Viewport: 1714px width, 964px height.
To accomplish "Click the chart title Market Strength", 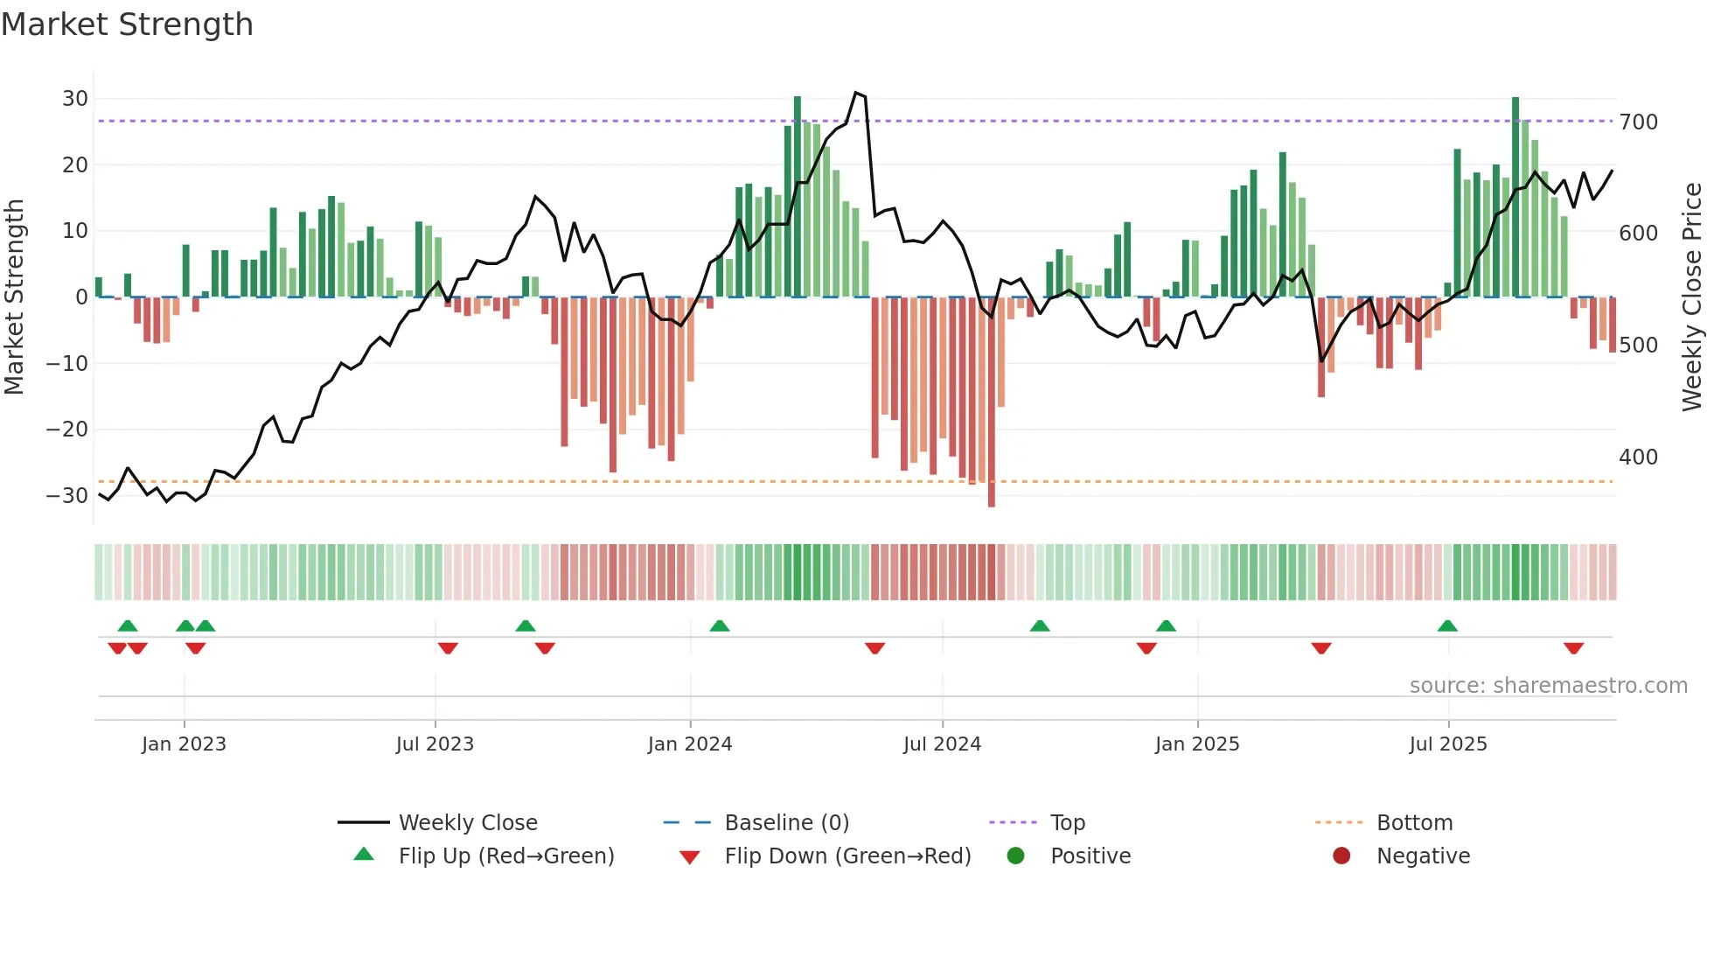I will [x=127, y=24].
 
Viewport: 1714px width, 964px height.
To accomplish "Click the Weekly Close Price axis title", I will [x=1692, y=297].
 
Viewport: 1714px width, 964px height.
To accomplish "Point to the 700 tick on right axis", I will [x=1638, y=122].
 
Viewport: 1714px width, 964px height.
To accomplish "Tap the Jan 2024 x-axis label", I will [x=689, y=744].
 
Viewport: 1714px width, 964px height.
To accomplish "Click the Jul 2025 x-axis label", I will [x=1447, y=744].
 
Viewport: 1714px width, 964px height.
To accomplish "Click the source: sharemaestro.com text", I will [x=1548, y=686].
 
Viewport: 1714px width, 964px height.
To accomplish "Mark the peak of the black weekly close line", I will [x=856, y=93].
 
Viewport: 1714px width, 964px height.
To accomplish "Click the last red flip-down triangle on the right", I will [x=1573, y=648].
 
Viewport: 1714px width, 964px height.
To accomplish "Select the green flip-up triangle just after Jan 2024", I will [x=719, y=625].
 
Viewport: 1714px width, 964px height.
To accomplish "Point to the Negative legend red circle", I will [x=1341, y=856].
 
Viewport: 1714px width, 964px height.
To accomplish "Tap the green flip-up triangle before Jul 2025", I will [x=1447, y=625].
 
